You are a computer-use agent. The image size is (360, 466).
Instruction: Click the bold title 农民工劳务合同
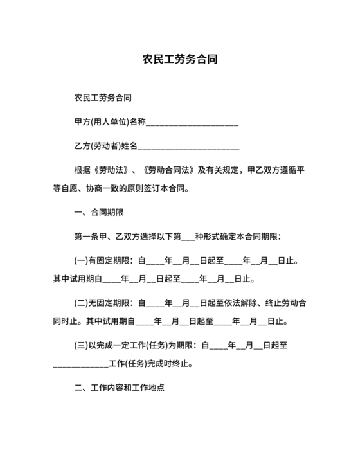[x=179, y=60]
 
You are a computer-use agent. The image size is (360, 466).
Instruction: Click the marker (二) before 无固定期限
[x=82, y=302]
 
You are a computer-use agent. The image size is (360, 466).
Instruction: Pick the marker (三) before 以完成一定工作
[x=82, y=345]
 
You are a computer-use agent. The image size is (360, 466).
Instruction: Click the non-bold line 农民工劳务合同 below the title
[x=104, y=98]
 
